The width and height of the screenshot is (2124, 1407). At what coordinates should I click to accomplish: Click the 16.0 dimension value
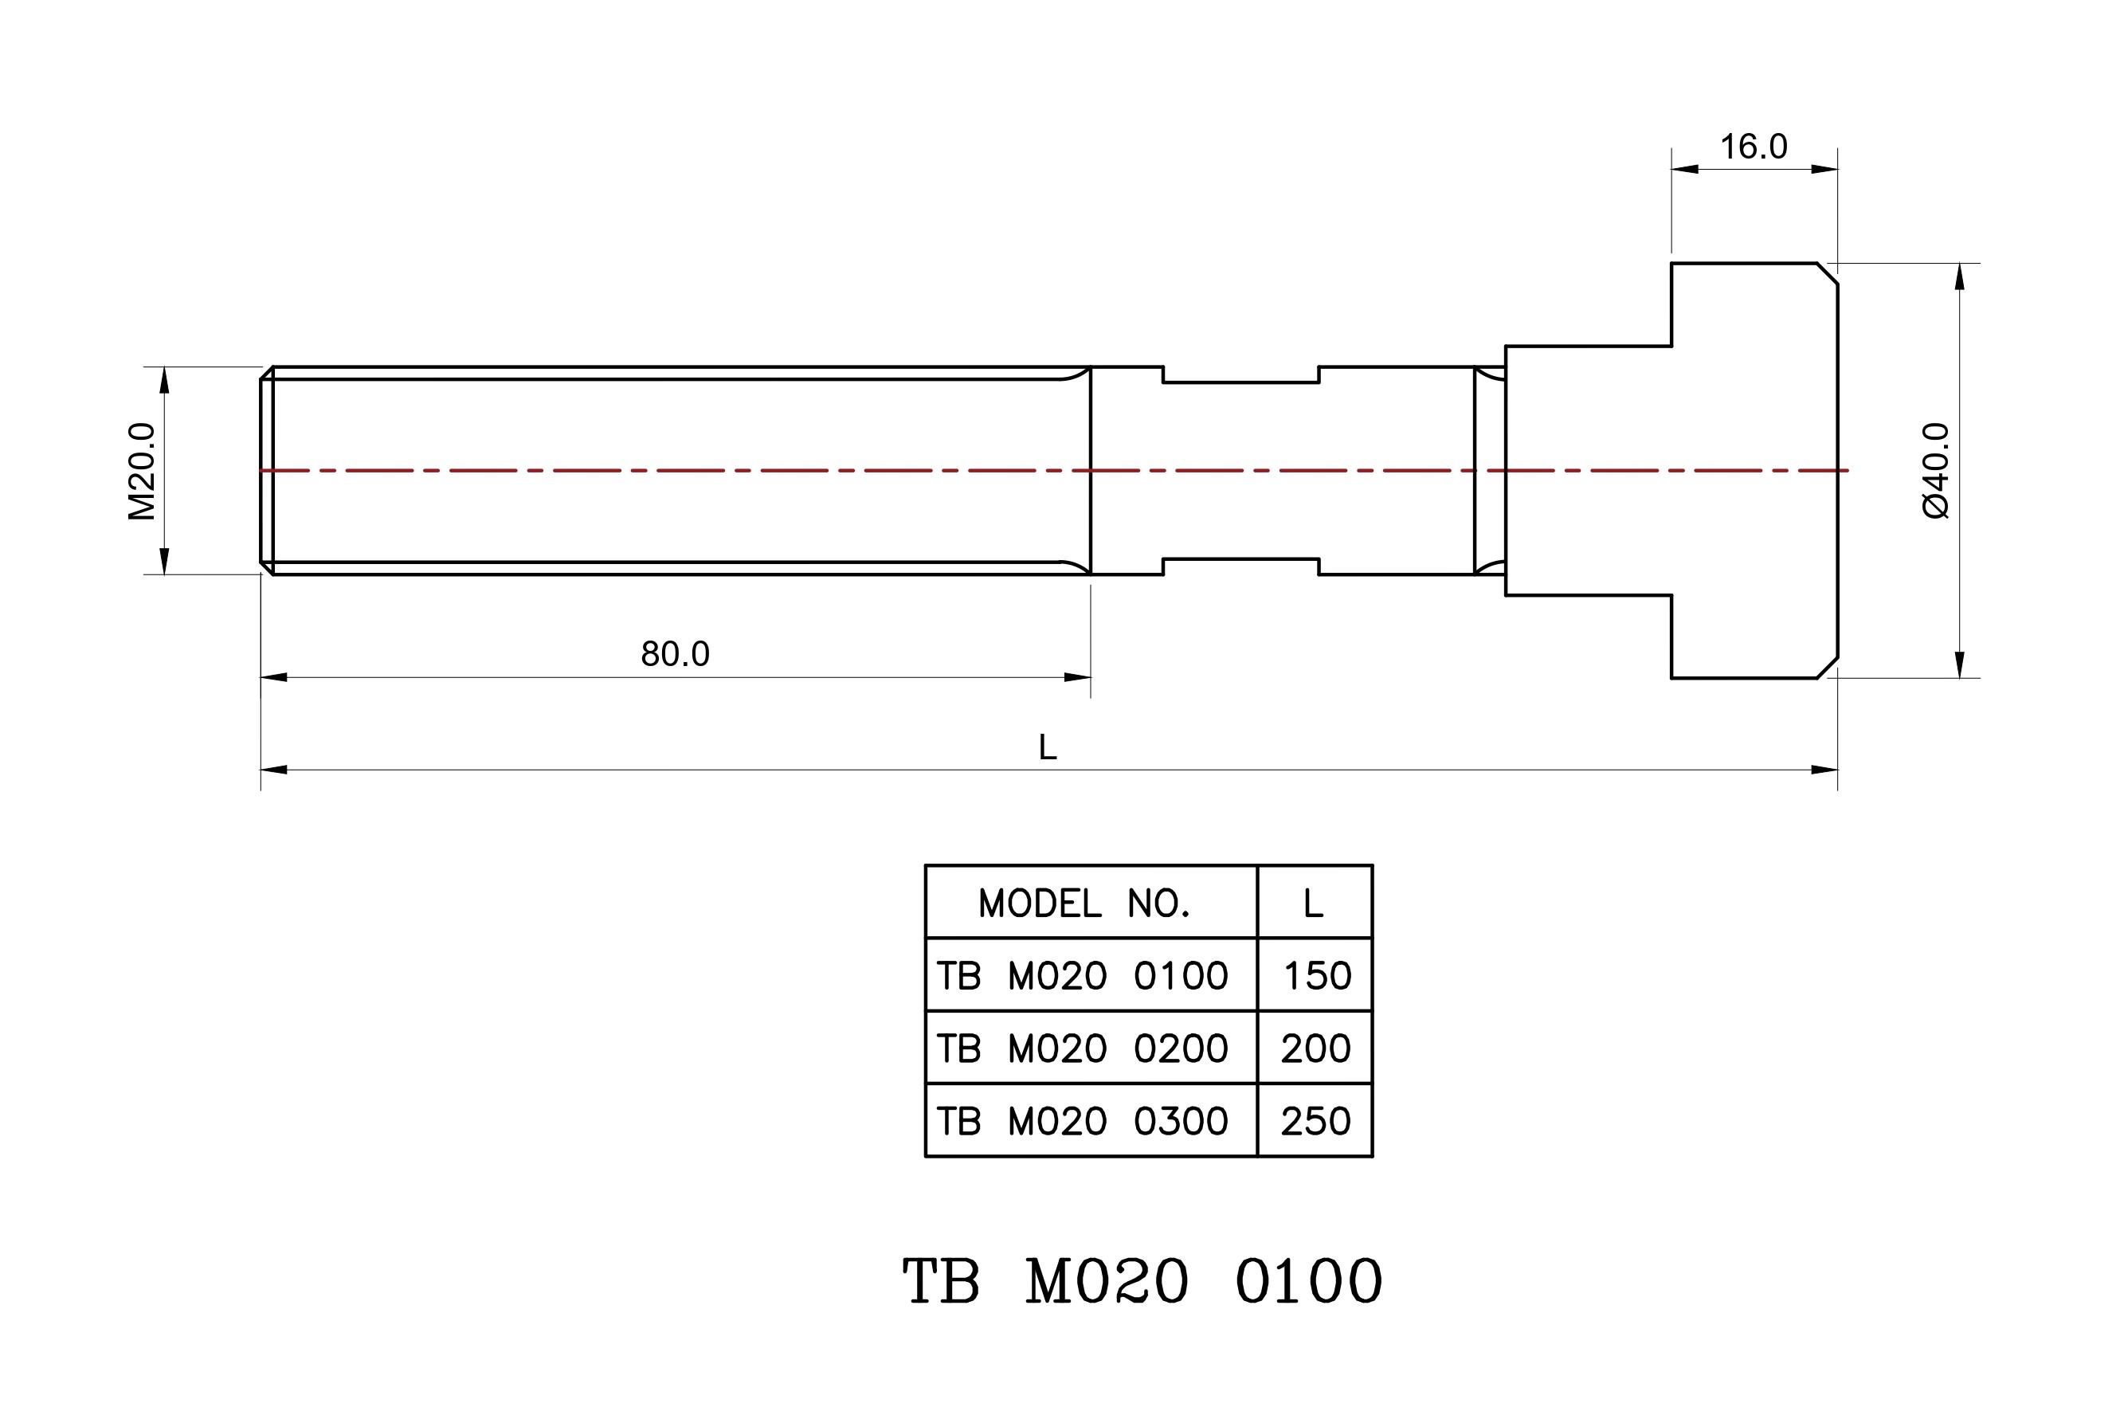point(1753,147)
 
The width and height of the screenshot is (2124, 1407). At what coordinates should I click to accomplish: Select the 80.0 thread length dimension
point(675,654)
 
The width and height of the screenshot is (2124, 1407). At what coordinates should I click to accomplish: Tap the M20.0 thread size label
point(143,471)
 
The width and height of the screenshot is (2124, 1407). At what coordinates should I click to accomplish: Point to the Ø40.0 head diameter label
point(1935,470)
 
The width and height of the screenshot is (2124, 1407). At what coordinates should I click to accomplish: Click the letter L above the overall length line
point(1047,747)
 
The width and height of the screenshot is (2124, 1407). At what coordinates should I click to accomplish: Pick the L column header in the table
point(1314,903)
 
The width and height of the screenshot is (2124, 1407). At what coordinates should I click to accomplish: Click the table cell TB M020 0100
point(1082,976)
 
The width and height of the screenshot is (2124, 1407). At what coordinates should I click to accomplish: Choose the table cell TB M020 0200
point(1082,1048)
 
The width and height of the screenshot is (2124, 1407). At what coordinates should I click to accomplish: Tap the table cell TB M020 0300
point(1082,1121)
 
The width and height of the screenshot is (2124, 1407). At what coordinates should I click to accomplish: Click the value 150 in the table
point(1316,976)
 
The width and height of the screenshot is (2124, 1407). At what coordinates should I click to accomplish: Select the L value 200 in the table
point(1315,1048)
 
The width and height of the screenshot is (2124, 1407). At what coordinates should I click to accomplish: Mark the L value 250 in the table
point(1315,1121)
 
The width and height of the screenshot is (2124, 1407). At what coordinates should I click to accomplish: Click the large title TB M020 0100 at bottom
point(1142,1281)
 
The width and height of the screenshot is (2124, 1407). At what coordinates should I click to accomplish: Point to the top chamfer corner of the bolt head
point(1828,274)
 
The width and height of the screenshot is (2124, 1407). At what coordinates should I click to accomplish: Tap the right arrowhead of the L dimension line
point(1824,770)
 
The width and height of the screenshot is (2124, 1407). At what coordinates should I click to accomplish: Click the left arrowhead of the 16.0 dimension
point(1684,169)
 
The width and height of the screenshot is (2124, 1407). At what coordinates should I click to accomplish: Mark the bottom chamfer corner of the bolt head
point(1828,668)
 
